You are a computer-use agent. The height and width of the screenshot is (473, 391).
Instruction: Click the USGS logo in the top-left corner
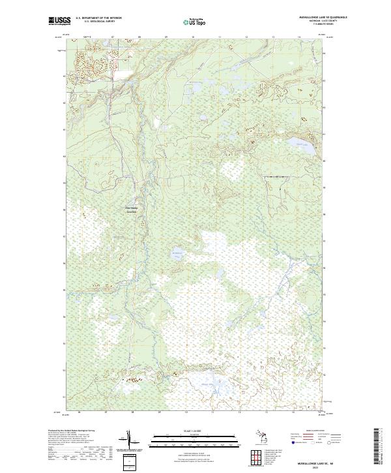(60, 21)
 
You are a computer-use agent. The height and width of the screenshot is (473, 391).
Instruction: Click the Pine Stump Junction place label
(132, 210)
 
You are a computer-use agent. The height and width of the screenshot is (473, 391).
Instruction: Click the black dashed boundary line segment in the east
(278, 177)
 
